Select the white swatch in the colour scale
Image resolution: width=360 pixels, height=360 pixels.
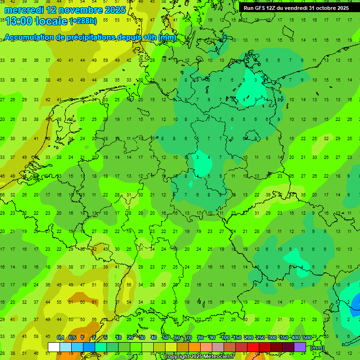pos(54,347)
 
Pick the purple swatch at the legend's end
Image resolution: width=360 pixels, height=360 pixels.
pos(300,347)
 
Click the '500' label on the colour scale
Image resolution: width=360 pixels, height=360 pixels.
pos(307,338)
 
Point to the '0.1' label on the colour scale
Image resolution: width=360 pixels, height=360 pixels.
pos(60,338)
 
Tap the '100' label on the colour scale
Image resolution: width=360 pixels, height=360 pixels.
pos(225,338)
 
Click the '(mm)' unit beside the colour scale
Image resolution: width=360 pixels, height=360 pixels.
pos(317,348)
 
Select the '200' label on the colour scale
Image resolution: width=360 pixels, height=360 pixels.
pos(248,338)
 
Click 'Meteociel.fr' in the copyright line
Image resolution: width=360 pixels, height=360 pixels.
pos(218,357)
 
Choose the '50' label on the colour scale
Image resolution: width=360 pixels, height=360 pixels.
pos(165,338)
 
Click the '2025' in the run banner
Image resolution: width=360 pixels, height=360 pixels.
pos(343,8)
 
